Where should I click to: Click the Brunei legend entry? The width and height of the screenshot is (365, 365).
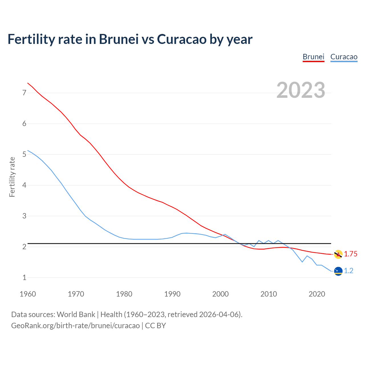click(313, 57)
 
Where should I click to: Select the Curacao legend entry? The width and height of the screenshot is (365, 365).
click(344, 57)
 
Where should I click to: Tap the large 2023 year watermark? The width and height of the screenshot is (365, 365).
click(301, 90)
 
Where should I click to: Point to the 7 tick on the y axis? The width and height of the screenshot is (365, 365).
click(24, 93)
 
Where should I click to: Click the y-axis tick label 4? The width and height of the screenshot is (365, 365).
click(24, 185)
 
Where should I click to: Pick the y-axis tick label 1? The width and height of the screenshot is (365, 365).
click(24, 277)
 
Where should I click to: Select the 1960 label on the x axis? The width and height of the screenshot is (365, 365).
click(28, 294)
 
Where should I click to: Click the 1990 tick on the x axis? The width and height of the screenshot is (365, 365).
click(172, 294)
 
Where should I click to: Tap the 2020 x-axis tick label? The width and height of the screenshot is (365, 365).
click(317, 294)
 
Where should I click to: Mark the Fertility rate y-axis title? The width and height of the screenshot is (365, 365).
click(12, 177)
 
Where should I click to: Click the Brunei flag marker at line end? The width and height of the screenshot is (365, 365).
click(338, 254)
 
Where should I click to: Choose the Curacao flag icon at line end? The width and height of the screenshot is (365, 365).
click(338, 271)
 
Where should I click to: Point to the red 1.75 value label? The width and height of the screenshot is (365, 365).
click(350, 254)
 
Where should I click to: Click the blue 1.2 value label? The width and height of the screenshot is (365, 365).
click(348, 271)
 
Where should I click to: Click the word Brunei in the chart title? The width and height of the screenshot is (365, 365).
click(119, 39)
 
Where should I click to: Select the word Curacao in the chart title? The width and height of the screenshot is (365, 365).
click(181, 39)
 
